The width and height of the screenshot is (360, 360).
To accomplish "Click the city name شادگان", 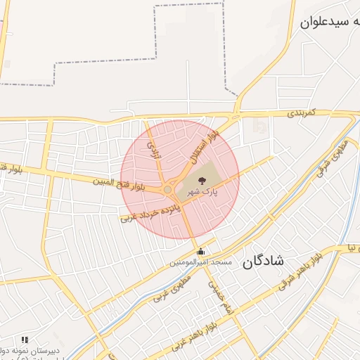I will (x=264, y=262).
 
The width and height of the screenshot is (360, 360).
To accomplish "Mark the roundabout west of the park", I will (x=168, y=189).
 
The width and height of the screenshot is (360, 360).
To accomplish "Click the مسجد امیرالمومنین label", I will (x=200, y=263).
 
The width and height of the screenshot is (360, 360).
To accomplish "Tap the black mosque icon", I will (x=201, y=252).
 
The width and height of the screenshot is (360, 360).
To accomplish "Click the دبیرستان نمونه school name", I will (x=35, y=349).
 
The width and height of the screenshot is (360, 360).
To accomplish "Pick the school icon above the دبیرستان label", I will (x=25, y=340).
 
